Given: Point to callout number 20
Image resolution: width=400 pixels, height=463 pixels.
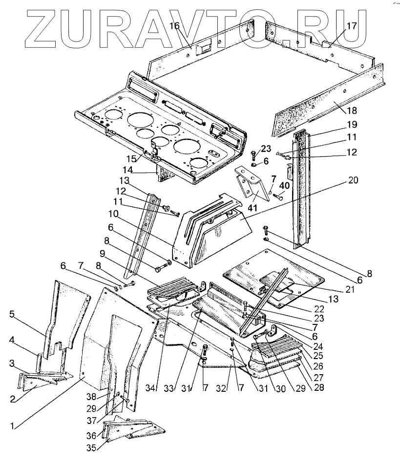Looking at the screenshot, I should pyautogui.click(x=353, y=180).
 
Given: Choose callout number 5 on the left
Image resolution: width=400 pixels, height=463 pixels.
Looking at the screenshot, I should pyautogui.click(x=12, y=314).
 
